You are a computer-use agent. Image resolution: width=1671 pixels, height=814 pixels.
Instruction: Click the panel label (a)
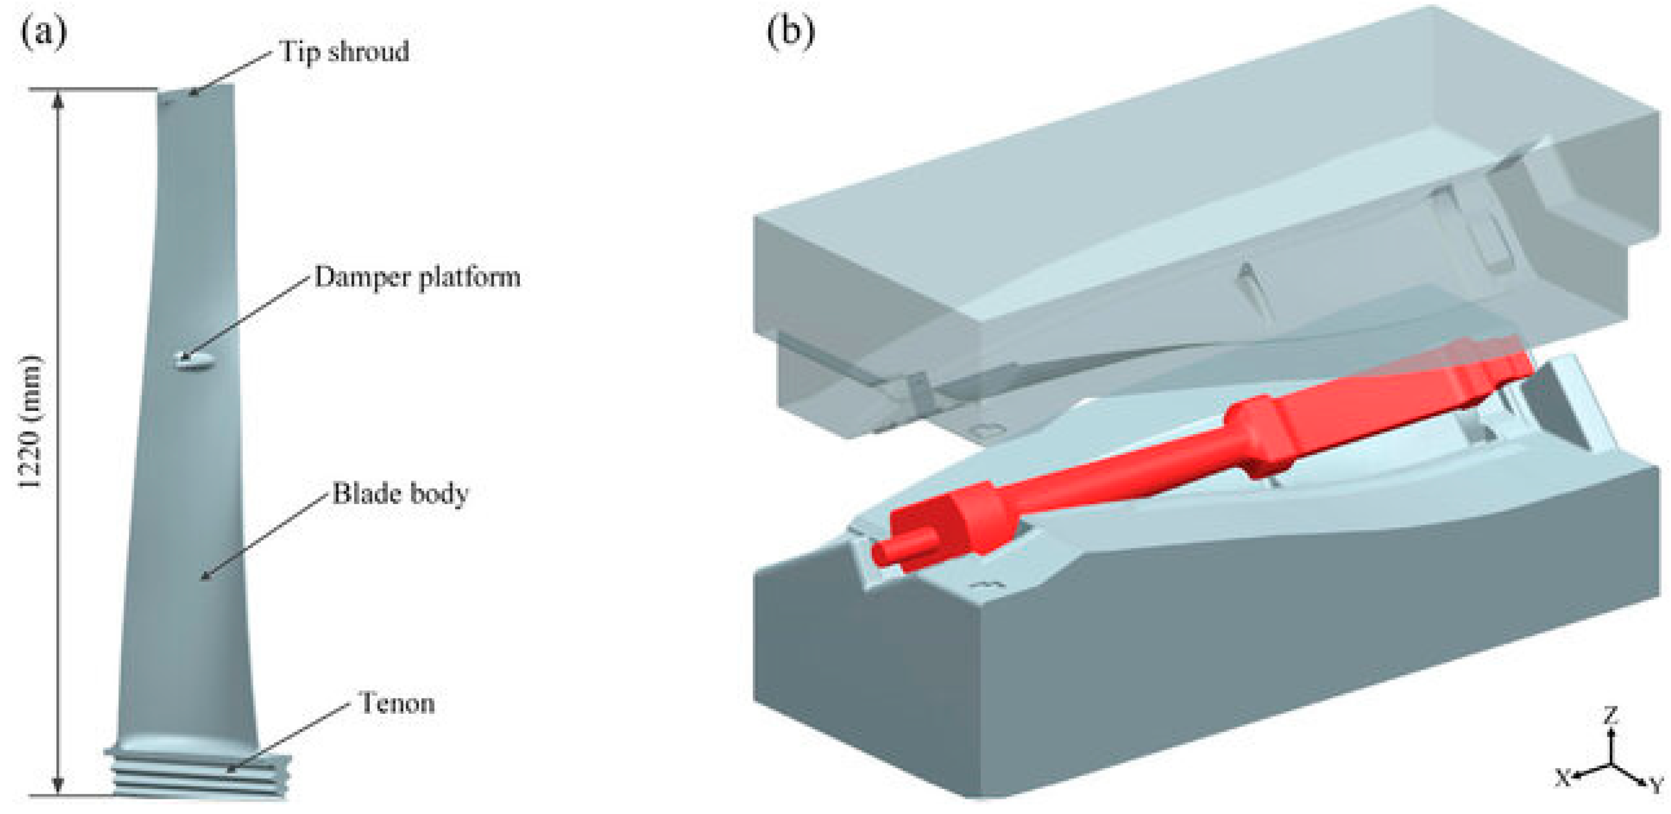coord(44,33)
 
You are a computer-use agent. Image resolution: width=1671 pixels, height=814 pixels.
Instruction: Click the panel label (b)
coord(790,32)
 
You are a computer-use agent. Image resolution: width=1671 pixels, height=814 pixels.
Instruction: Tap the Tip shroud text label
coord(345,52)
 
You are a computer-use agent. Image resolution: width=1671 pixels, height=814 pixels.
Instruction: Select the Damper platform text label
coord(418,278)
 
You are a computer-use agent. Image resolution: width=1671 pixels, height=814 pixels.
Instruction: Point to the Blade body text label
coord(400,494)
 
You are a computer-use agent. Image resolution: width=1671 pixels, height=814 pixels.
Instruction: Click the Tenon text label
coord(397,703)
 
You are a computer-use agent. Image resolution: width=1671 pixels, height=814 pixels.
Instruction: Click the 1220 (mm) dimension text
coord(30,422)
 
